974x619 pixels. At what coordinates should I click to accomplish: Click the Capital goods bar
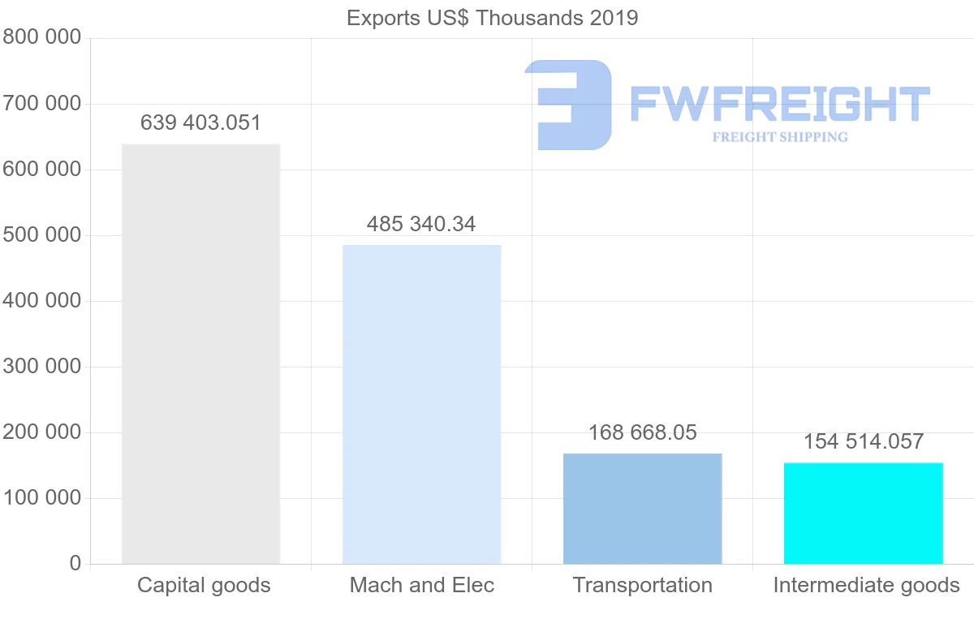(200, 354)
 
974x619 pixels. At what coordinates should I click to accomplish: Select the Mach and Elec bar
(421, 404)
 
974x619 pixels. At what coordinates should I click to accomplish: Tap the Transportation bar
(642, 509)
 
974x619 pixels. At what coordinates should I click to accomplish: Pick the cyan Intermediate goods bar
(863, 513)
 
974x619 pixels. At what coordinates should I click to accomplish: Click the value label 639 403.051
(200, 123)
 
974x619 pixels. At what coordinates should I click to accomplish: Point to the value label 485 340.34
(421, 224)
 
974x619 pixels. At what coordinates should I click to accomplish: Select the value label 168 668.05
(642, 432)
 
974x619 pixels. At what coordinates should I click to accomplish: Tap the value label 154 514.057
(864, 441)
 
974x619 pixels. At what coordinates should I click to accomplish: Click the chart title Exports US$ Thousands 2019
(492, 18)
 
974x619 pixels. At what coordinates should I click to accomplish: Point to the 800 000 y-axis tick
(42, 37)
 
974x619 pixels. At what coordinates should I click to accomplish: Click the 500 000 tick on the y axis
(42, 235)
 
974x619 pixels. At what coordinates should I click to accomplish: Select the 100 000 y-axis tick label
(42, 498)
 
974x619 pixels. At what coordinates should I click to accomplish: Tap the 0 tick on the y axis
(75, 563)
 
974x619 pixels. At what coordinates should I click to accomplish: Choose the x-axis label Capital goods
(204, 585)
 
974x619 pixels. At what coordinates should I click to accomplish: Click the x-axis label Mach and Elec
(421, 585)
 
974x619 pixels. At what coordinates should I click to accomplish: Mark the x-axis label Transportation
(642, 585)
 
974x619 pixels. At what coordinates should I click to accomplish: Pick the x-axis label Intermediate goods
(866, 585)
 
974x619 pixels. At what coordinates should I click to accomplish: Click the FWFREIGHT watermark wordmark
(779, 104)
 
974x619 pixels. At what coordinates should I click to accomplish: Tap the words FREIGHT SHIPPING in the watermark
(780, 137)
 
